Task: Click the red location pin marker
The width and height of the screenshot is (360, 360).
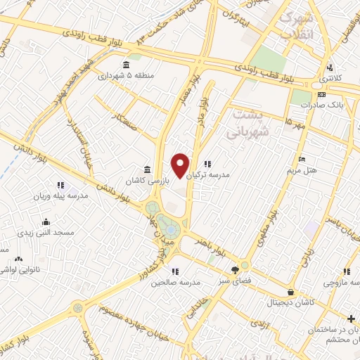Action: click(181, 165)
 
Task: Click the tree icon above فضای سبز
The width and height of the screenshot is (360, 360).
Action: click(236, 269)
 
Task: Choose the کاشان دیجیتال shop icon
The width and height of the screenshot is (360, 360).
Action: click(290, 292)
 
